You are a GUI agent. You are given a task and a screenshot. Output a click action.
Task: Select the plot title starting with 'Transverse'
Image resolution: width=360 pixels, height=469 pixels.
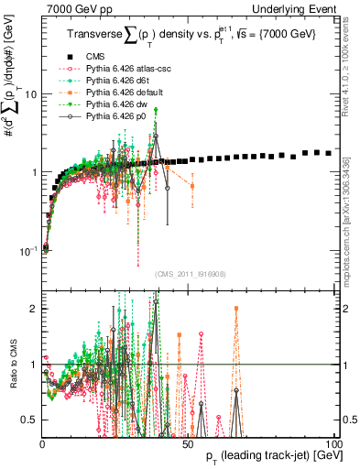pos(192,35)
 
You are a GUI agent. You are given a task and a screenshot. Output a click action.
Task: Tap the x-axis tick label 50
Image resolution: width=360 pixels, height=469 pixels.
pos(187,444)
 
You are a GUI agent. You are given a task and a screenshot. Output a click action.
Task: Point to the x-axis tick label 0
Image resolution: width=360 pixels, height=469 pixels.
pos(43,444)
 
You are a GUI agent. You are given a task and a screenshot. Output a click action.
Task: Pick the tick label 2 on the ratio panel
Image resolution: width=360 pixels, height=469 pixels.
pos(34,309)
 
